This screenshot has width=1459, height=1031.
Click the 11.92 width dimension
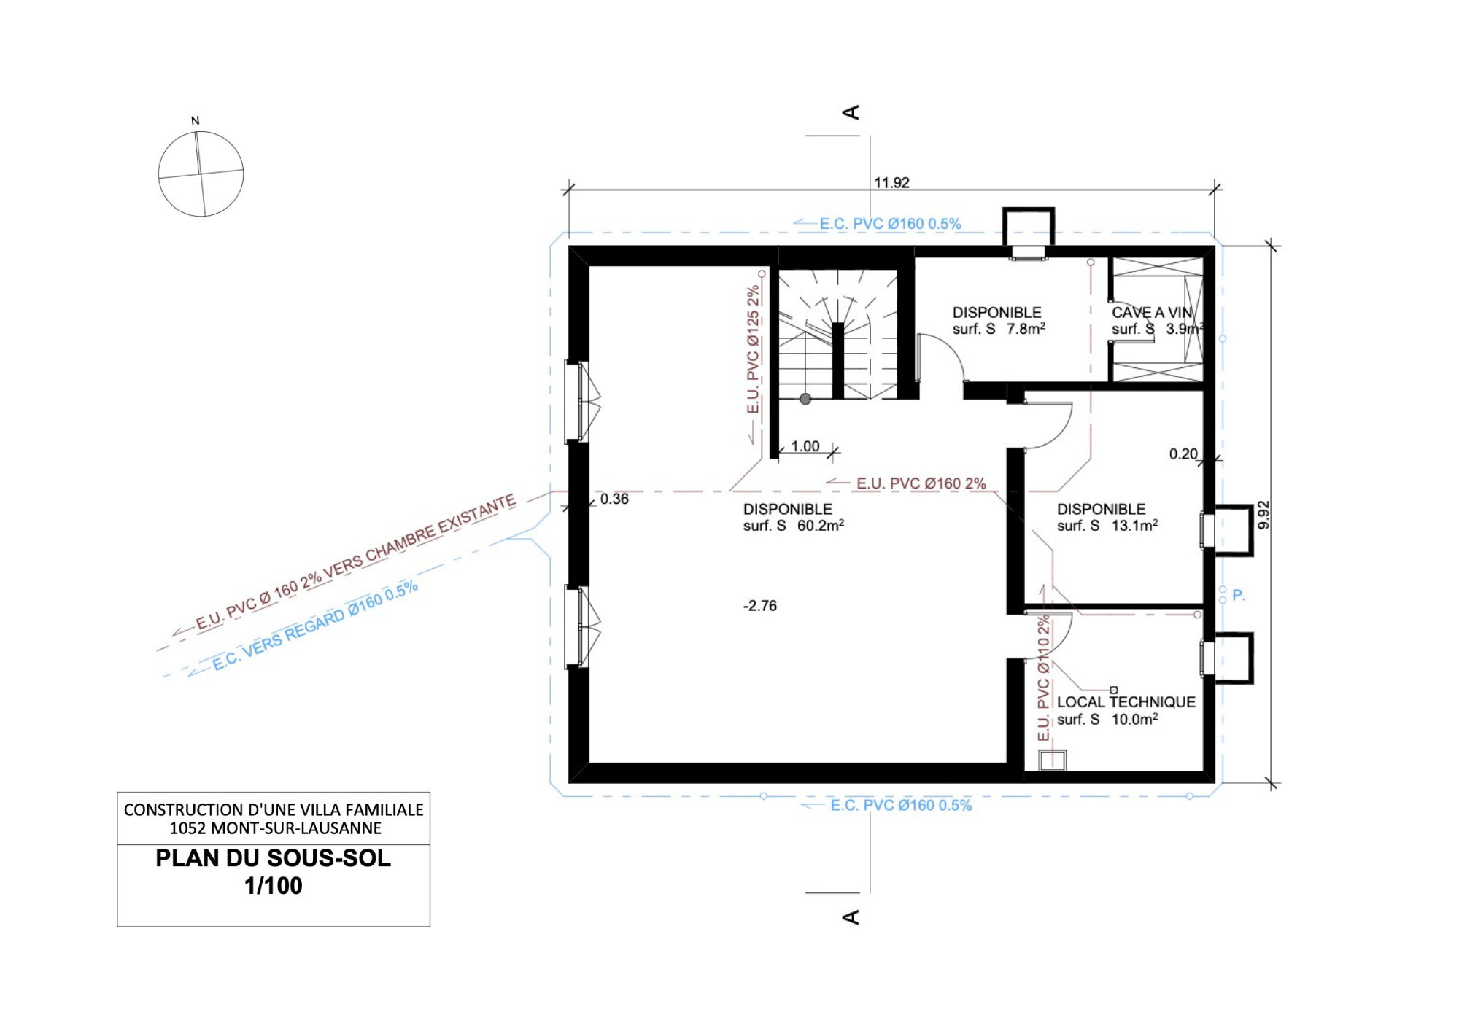[x=891, y=182]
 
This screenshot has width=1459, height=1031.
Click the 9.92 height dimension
[x=1263, y=515]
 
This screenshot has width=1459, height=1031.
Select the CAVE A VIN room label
[x=1151, y=312]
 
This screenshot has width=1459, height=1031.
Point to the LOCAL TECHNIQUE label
[x=1126, y=701]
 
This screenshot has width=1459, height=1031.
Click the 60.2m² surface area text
[x=821, y=525]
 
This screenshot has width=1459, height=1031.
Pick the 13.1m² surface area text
[x=1134, y=525]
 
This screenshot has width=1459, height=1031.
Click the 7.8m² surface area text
[x=1026, y=329]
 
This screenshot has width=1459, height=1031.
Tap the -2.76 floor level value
[x=760, y=605]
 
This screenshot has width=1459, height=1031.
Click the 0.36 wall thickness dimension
[x=614, y=499]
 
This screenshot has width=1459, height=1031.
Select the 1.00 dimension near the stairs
[x=805, y=446]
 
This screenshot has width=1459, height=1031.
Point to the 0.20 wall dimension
[x=1183, y=454]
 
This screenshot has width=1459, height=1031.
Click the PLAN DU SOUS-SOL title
[x=274, y=858]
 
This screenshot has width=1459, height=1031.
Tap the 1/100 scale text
[x=274, y=886]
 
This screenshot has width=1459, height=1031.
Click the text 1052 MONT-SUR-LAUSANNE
[x=275, y=828]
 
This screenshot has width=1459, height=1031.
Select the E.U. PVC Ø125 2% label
[x=753, y=350]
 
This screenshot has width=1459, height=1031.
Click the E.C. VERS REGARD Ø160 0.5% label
[x=315, y=626]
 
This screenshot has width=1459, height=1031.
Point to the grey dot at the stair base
[x=805, y=399]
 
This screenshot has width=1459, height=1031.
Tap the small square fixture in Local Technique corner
[x=1052, y=760]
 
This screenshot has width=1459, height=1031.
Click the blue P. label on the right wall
[x=1238, y=595]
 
